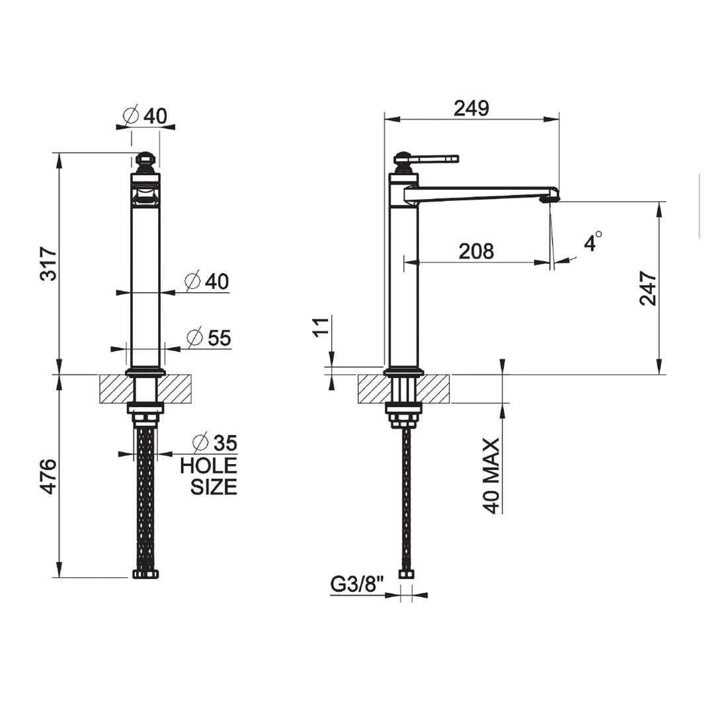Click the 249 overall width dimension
[471, 108]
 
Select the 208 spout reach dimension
[476, 251]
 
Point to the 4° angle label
[593, 241]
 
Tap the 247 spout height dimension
[648, 288]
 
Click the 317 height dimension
[49, 264]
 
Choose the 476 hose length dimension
[49, 476]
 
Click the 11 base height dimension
[321, 326]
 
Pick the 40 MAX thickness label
[491, 476]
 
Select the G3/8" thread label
[357, 584]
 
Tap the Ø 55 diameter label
[209, 338]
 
